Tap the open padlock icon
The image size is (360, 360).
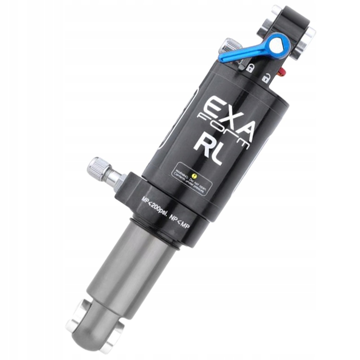[266, 78]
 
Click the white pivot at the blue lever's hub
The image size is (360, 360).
[279, 45]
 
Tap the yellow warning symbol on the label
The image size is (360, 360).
[194, 174]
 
